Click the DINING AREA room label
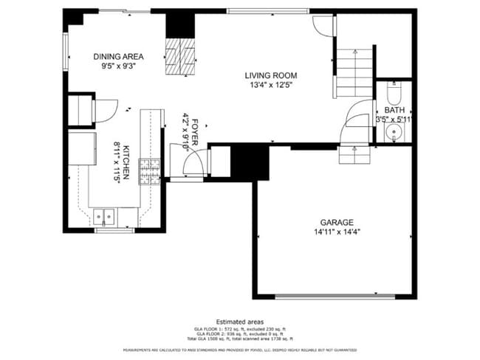pyautogui.click(x=118, y=56)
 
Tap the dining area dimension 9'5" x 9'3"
pyautogui.click(x=118, y=66)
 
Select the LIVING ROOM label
pyautogui.click(x=271, y=75)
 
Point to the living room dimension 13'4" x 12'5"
pyautogui.click(x=271, y=85)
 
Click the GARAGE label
pyautogui.click(x=336, y=222)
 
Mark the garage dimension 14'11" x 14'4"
pyautogui.click(x=336, y=232)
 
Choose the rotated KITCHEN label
pyautogui.click(x=126, y=162)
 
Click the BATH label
pyautogui.click(x=394, y=110)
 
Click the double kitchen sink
pyautogui.click(x=104, y=217)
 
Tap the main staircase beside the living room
pyautogui.click(x=355, y=72)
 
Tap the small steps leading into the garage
pyautogui.click(x=354, y=155)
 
